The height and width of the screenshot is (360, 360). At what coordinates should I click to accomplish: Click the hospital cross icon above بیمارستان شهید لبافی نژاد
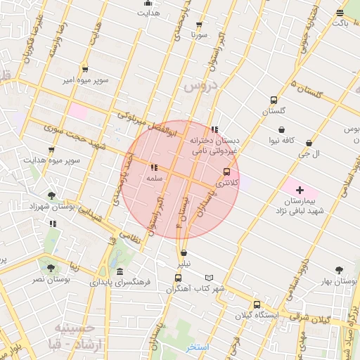(300, 191)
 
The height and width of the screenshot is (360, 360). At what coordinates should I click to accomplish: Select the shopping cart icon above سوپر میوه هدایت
(51, 150)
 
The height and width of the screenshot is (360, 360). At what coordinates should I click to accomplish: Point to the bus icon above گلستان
(273, 100)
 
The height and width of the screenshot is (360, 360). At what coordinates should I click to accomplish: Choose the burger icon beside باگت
(340, 12)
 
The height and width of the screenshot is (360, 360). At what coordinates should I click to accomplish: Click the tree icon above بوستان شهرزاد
(51, 195)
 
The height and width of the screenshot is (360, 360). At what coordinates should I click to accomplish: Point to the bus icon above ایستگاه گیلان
(257, 305)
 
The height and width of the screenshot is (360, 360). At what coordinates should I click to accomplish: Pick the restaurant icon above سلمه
(154, 168)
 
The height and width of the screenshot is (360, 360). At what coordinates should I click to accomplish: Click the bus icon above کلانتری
(226, 172)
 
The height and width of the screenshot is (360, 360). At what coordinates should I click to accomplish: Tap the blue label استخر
(198, 347)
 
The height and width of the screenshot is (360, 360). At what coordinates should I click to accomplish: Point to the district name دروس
(202, 86)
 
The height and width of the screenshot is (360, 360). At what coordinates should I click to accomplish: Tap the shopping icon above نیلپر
(184, 253)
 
